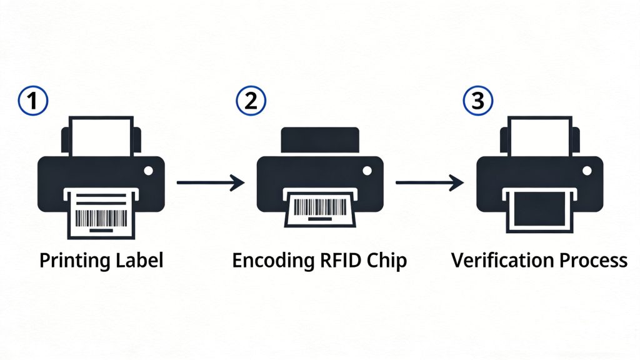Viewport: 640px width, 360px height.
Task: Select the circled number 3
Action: pos(477,102)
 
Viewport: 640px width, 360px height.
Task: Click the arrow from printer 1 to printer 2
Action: pos(210,182)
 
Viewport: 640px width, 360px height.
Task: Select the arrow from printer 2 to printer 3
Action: pos(429,182)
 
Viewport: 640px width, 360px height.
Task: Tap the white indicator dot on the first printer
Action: pos(147,170)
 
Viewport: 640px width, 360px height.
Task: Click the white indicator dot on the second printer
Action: pos(367,170)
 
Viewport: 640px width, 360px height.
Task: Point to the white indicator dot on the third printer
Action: pos(587,170)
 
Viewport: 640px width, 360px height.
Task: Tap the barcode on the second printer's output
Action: pos(319,207)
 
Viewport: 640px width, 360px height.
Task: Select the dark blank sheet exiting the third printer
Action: pos(539,209)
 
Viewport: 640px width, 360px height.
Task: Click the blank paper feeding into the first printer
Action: pos(101,137)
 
